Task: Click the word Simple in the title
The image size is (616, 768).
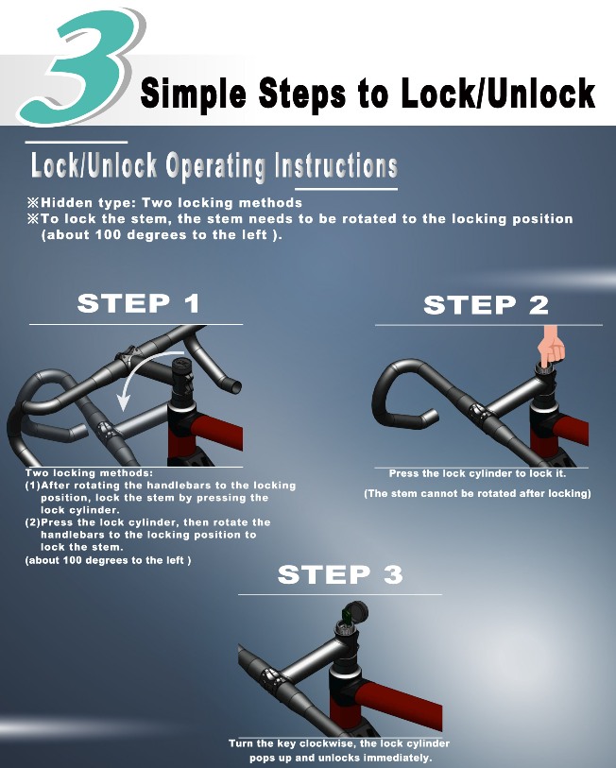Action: pyautogui.click(x=194, y=94)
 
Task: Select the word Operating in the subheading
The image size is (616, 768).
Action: pyautogui.click(x=215, y=165)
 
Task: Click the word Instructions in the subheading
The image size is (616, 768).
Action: pyautogui.click(x=335, y=164)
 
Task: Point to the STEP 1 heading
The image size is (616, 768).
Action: pyautogui.click(x=139, y=303)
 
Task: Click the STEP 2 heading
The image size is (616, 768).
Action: pyautogui.click(x=487, y=305)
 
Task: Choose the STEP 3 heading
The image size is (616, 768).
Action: pyautogui.click(x=340, y=574)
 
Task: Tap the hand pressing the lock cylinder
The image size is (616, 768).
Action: pyautogui.click(x=552, y=348)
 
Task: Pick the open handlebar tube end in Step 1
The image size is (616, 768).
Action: pyautogui.click(x=235, y=387)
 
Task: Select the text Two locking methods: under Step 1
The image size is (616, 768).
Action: pyautogui.click(x=89, y=473)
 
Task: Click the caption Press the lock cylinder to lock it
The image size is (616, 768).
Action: pyautogui.click(x=477, y=473)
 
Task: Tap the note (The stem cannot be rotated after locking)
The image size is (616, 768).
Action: pyautogui.click(x=477, y=493)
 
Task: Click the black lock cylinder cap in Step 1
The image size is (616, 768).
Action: pyautogui.click(x=180, y=365)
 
